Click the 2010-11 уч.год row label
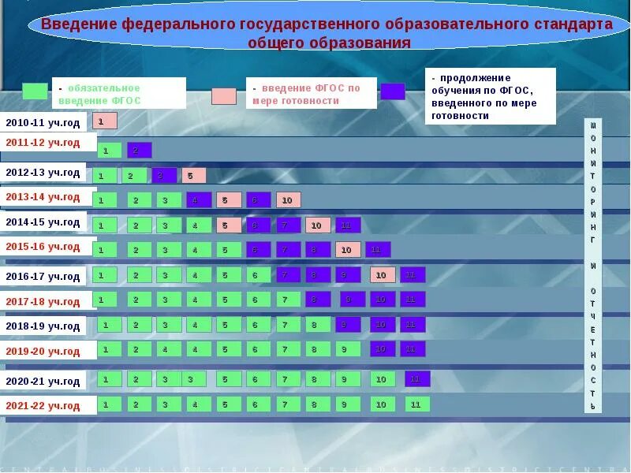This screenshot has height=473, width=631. [43, 122]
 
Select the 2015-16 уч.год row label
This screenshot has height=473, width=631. [43, 247]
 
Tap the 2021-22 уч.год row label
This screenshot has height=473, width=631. [43, 406]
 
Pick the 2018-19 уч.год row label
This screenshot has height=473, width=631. [43, 326]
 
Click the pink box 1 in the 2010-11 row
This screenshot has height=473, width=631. [104, 121]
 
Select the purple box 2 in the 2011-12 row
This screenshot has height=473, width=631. [139, 150]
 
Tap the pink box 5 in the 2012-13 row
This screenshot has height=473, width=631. [193, 176]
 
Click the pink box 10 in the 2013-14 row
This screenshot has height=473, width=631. [288, 200]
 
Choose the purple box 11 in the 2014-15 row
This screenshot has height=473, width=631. [348, 225]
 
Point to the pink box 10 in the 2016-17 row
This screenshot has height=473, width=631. [383, 275]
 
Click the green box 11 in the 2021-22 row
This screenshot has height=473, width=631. [417, 404]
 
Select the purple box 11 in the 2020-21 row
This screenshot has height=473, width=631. [417, 379]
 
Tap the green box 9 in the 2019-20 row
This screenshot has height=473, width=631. [345, 348]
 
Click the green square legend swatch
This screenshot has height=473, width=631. [35, 91]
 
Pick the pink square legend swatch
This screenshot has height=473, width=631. [223, 96]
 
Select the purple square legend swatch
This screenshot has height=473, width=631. [392, 91]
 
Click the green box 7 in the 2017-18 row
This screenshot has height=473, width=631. [288, 300]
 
